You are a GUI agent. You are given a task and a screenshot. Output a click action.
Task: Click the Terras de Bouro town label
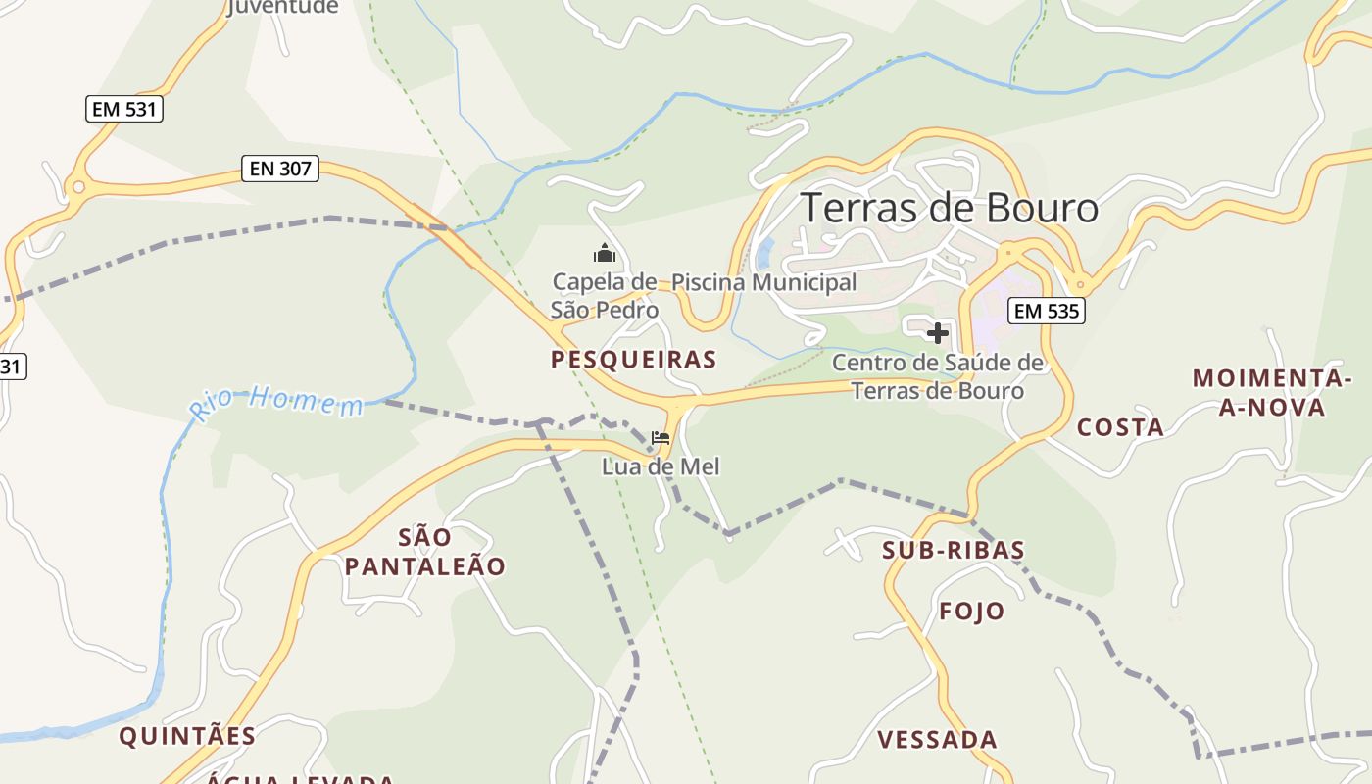point(949,208)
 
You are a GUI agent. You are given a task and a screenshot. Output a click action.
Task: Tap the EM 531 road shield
point(123,109)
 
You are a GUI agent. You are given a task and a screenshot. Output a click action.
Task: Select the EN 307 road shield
point(280,169)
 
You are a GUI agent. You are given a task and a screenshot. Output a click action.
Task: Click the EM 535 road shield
point(1046,311)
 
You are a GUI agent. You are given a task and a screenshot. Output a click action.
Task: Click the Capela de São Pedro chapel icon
point(605,254)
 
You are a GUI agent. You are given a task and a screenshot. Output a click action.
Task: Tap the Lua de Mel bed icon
point(661,437)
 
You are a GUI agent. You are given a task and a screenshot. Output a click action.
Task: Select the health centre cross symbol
point(938,333)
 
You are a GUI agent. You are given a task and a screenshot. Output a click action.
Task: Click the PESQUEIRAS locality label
point(633,360)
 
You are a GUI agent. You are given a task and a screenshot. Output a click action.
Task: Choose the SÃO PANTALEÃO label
point(425,552)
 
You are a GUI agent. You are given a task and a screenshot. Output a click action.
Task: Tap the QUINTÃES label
point(187,736)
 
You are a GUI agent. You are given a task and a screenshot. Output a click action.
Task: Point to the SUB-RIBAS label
point(953,550)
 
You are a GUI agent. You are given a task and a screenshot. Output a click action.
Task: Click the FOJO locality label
point(972,612)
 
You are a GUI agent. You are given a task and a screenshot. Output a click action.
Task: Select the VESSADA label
point(937,740)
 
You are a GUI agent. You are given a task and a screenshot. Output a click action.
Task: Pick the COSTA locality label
point(1120,427)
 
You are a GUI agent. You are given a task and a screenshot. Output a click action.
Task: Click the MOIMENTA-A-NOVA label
point(1272,392)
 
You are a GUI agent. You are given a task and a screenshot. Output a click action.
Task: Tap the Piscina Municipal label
point(763,282)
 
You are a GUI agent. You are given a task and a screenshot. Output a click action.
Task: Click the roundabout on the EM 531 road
point(77,186)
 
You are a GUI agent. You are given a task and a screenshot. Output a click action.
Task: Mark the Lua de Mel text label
point(661,466)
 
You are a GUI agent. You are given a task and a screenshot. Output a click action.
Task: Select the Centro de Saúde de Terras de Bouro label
point(938,376)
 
